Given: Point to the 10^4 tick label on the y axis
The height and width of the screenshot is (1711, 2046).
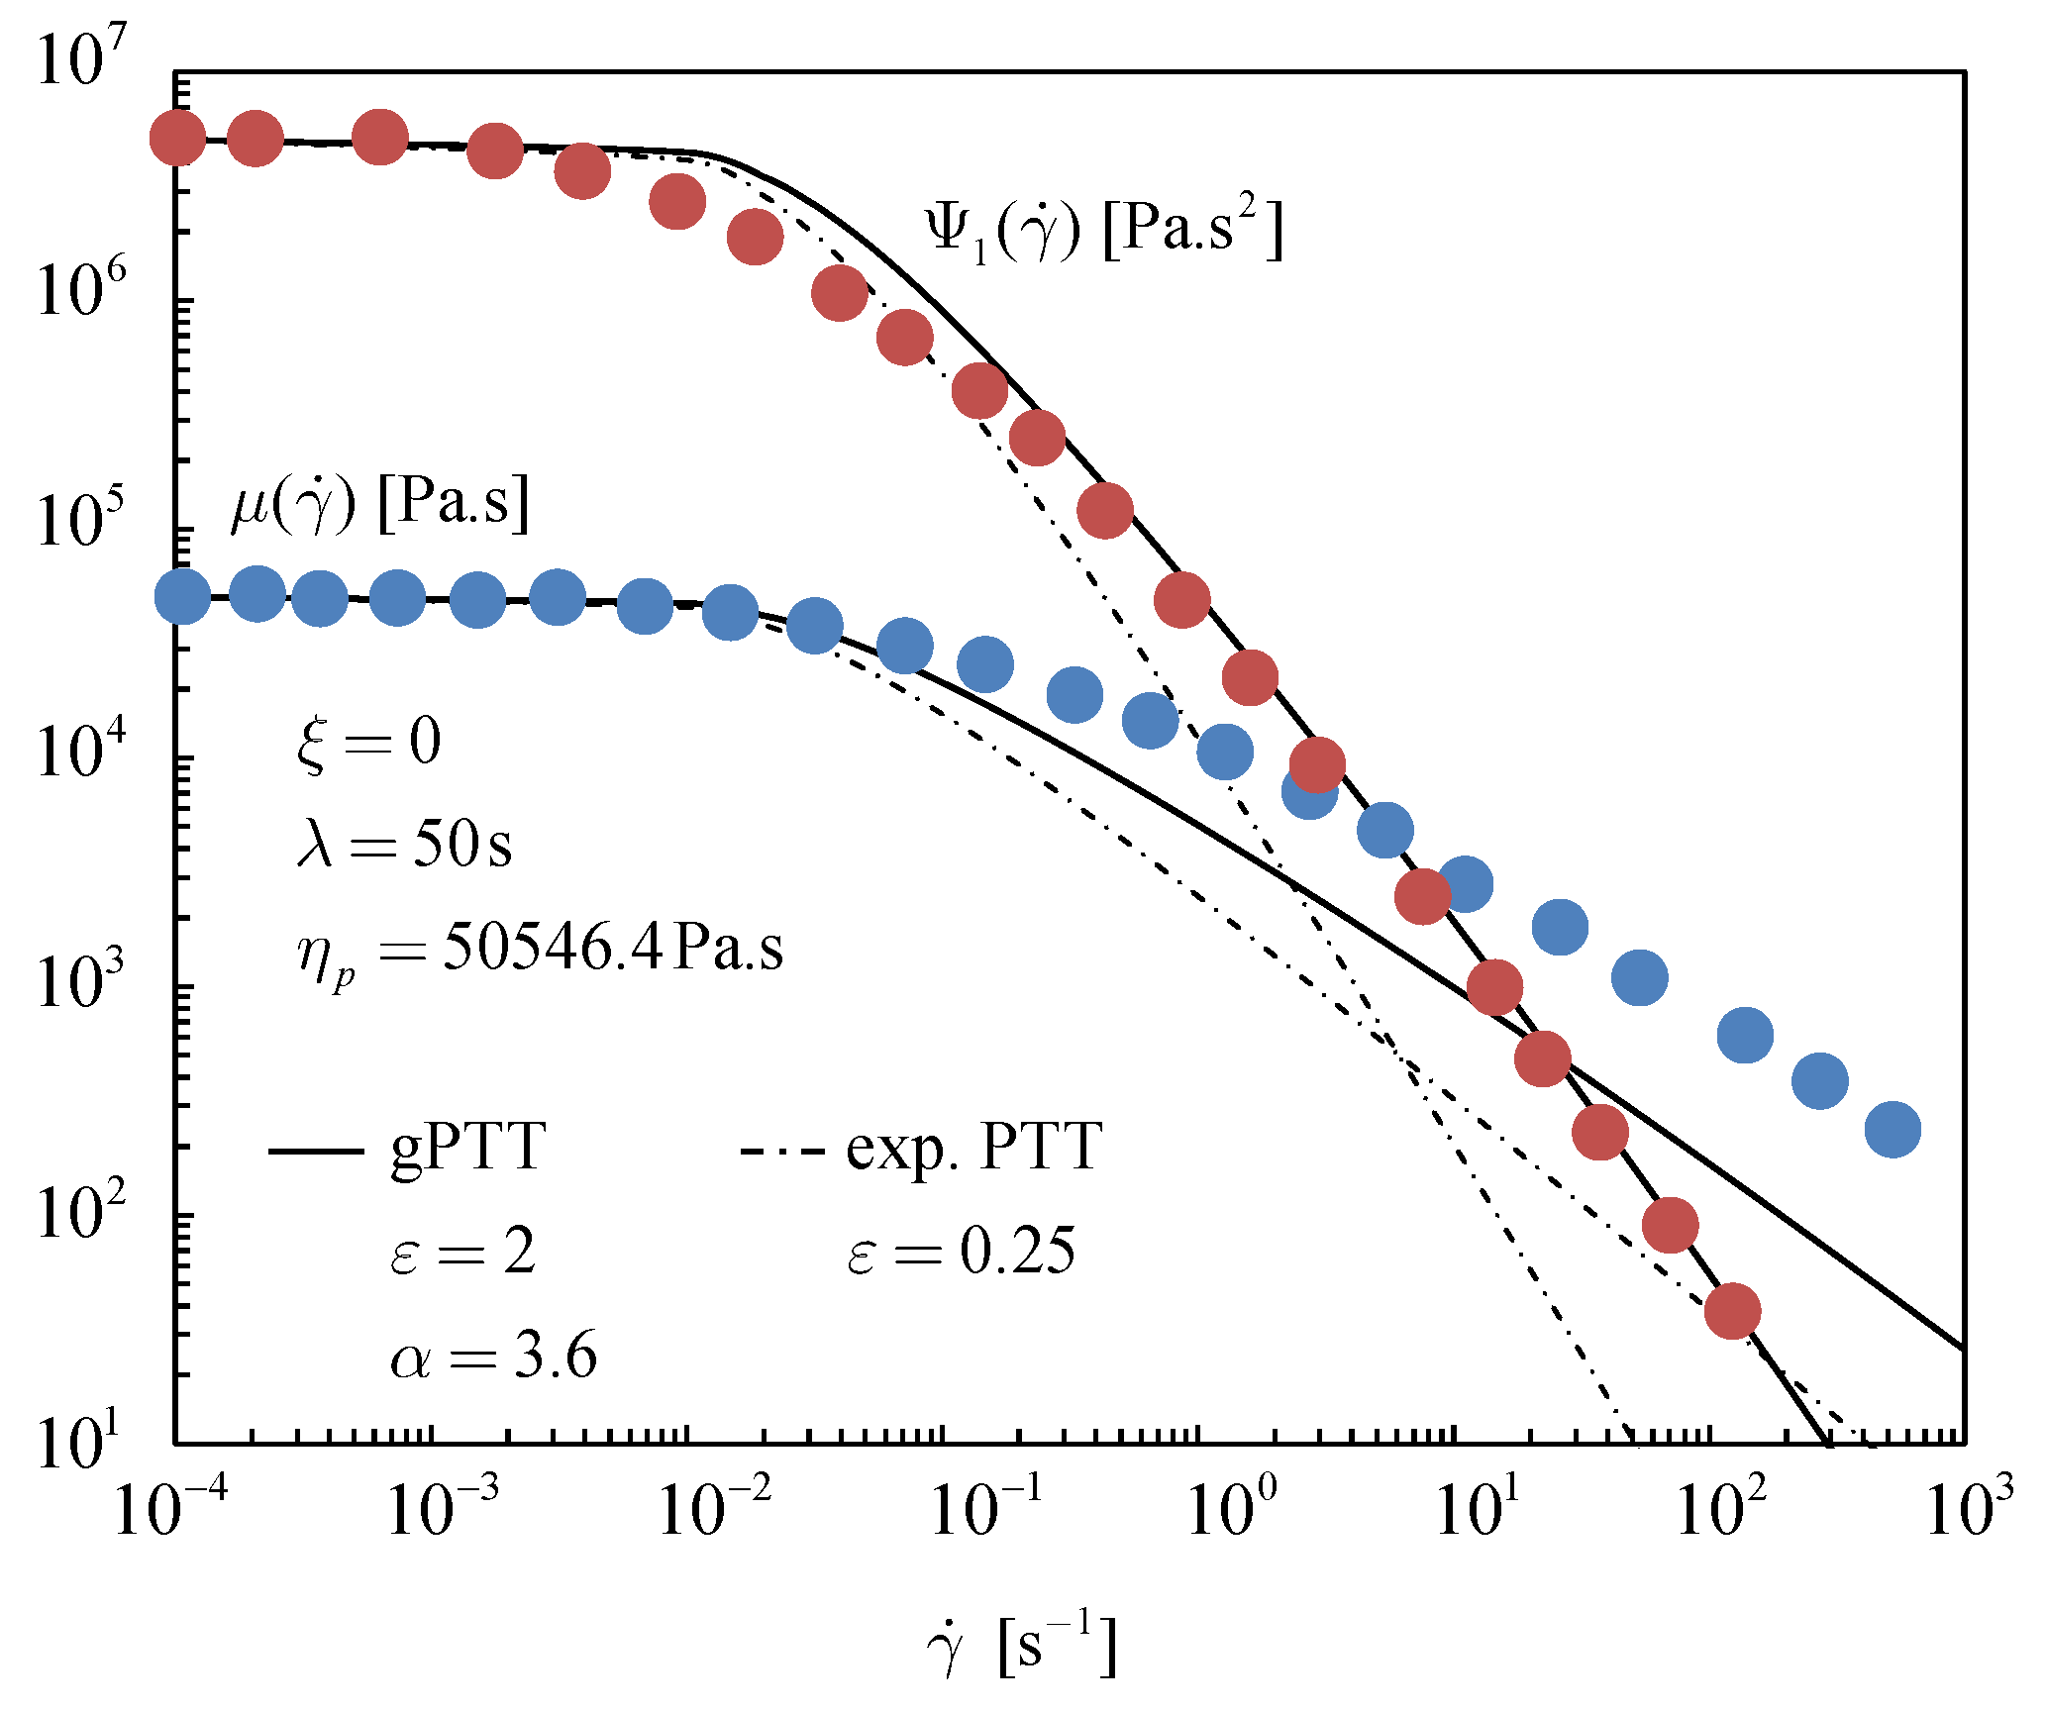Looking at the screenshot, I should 82,749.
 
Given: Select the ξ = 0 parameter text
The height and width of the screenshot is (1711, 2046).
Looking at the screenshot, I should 368,743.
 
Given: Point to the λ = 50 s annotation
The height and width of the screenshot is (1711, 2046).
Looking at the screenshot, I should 404,845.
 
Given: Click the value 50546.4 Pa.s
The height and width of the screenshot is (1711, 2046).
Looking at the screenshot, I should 612,949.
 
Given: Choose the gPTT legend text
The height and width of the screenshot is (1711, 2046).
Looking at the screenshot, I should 467,1149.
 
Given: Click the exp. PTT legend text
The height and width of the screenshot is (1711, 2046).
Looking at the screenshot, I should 973,1149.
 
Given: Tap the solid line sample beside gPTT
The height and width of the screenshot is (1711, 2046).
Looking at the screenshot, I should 316,1151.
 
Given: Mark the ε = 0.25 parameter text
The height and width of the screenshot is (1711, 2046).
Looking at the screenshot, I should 961,1252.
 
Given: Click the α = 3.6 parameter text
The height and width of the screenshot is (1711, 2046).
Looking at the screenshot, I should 493,1356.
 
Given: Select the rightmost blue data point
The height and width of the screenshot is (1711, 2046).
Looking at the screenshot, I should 1893,1129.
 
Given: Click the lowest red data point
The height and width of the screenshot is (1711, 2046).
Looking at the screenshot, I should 1732,1311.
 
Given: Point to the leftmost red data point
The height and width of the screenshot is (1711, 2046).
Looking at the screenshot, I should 178,139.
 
